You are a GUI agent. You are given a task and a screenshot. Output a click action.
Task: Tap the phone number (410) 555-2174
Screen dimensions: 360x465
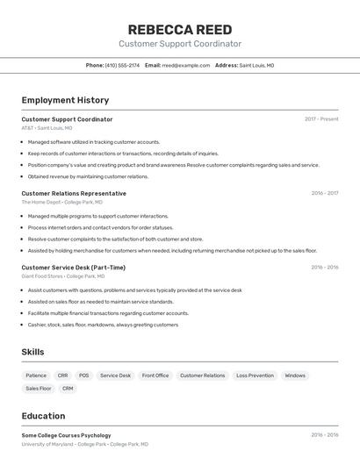tap(122, 65)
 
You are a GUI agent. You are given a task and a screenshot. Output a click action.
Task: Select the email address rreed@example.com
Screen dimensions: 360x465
tap(186, 65)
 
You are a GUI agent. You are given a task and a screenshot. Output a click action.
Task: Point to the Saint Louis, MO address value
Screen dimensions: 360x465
tap(256, 65)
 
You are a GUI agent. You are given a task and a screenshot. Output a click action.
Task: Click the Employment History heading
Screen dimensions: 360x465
tap(65, 100)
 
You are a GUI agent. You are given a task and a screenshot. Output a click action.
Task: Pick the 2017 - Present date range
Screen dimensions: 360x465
tap(321, 119)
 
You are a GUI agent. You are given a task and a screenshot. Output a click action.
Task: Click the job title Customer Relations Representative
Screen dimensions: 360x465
tap(74, 193)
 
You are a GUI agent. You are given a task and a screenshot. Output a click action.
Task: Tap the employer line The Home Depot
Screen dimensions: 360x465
tap(61, 202)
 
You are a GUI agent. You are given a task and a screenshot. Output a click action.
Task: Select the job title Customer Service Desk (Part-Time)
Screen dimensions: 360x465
tap(73, 268)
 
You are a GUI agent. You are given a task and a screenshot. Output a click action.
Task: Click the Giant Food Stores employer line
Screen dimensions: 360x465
tap(63, 276)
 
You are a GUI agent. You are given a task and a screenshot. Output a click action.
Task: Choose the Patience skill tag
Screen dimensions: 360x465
tap(36, 376)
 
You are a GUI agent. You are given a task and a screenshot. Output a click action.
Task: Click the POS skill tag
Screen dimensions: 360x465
tap(83, 376)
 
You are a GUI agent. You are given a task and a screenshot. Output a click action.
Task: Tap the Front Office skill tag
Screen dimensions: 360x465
tap(155, 376)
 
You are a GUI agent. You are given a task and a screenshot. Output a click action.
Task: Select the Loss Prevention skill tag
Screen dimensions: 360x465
tap(255, 376)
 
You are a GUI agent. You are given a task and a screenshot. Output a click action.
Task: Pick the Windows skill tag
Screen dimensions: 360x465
tap(295, 376)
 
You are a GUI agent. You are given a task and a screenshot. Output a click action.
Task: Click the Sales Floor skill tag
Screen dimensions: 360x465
tap(39, 388)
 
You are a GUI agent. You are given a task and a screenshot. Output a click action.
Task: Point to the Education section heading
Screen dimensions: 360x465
tap(43, 416)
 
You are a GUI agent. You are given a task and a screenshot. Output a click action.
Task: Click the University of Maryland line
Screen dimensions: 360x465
tap(84, 444)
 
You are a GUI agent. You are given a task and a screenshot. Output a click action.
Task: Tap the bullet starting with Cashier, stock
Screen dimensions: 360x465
tap(103, 325)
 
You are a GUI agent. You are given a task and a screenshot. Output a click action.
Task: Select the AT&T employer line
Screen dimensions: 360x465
tap(47, 128)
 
